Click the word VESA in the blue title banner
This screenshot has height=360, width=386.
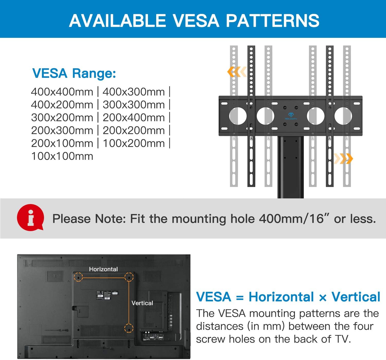[x=196, y=20]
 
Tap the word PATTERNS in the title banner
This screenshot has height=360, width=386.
[x=273, y=20]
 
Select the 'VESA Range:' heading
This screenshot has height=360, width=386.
[x=74, y=74]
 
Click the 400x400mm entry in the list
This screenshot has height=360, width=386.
[x=62, y=92]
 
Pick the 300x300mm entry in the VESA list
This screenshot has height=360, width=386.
[x=134, y=105]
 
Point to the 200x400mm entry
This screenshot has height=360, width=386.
[x=134, y=118]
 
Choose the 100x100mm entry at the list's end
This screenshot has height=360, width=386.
[x=62, y=156]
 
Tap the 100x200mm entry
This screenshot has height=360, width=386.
[x=134, y=143]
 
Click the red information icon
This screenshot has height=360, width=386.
[x=31, y=218]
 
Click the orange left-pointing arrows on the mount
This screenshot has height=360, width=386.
[x=237, y=72]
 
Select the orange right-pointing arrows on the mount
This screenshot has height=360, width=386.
[x=344, y=159]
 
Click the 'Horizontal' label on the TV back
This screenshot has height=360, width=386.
[x=103, y=269]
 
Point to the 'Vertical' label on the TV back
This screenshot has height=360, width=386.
[x=142, y=303]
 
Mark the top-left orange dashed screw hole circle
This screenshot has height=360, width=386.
[x=78, y=277]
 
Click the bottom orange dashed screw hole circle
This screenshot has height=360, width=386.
[x=129, y=328]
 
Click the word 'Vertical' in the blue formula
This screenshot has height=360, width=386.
[x=356, y=297]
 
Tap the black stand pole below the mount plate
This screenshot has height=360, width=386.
[x=291, y=167]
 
